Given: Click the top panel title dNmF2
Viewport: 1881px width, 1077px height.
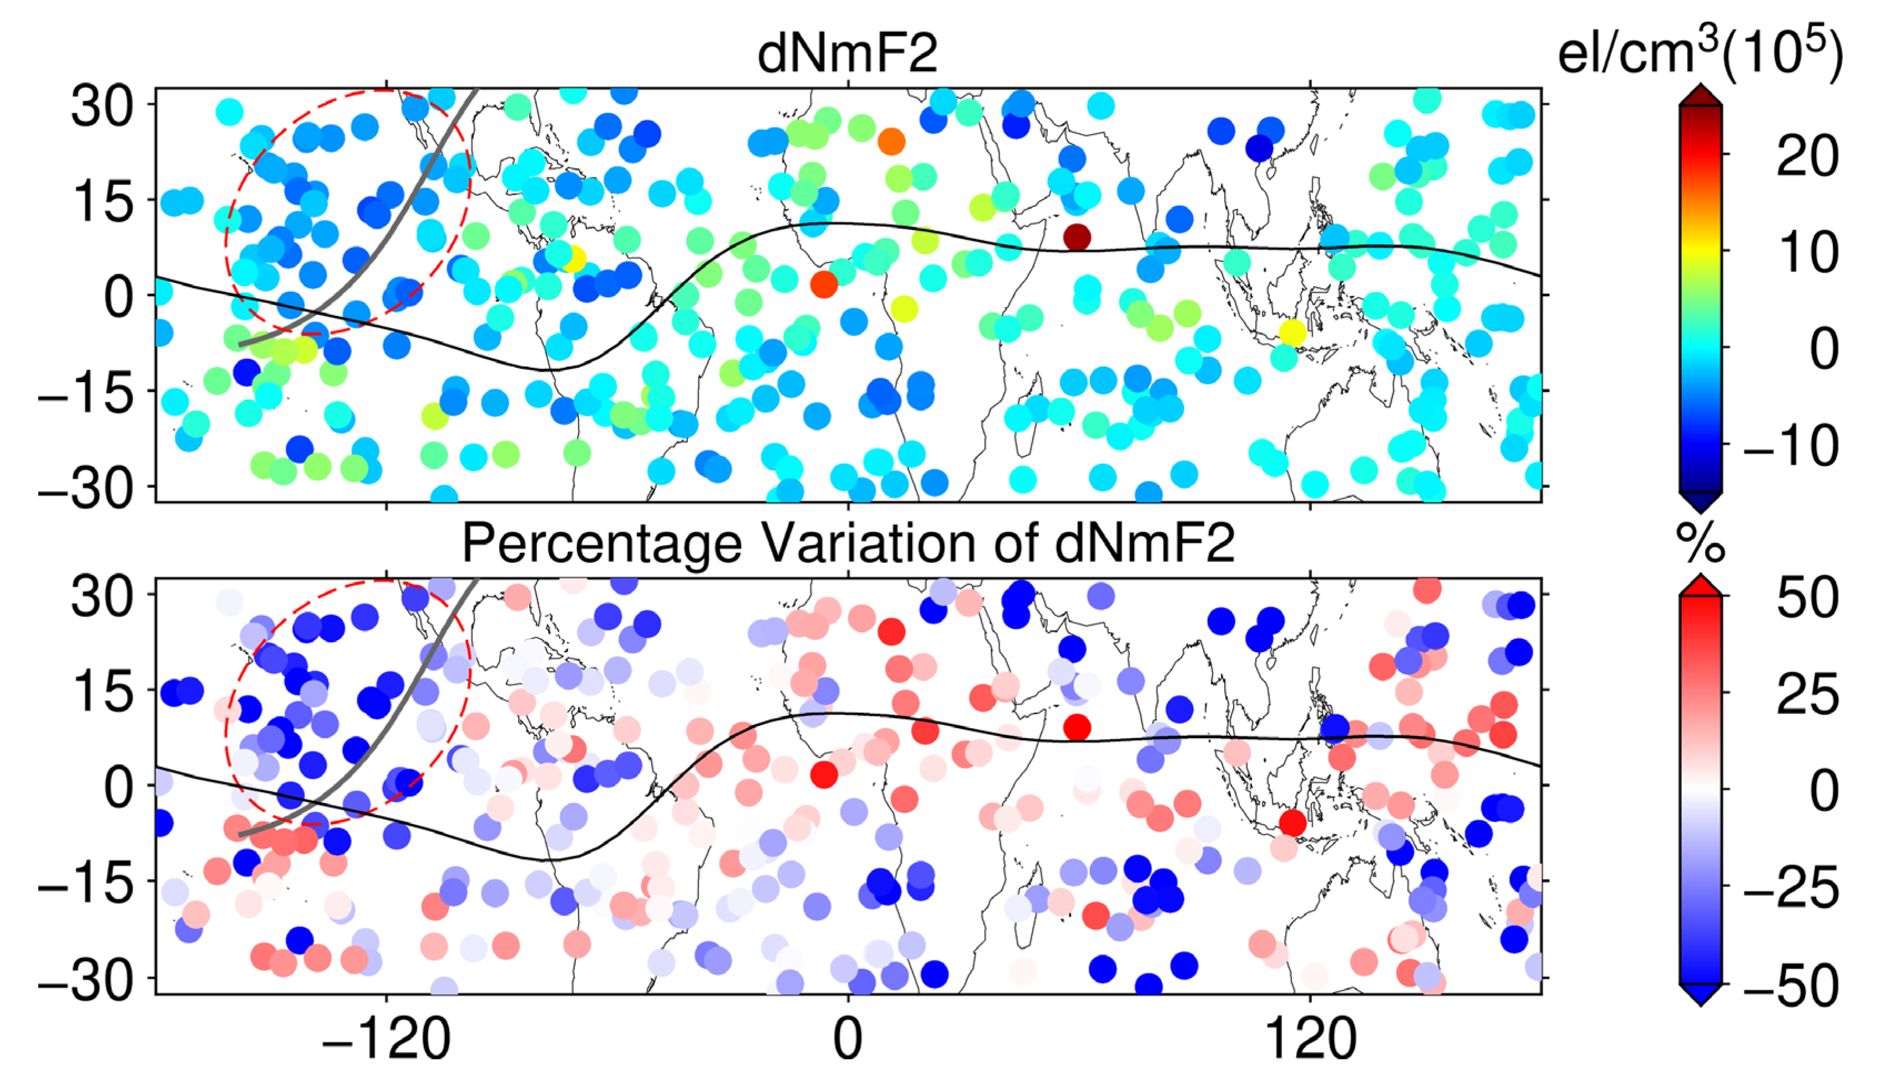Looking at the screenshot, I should pos(848,53).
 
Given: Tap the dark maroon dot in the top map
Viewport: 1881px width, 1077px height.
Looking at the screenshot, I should pos(1077,237).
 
